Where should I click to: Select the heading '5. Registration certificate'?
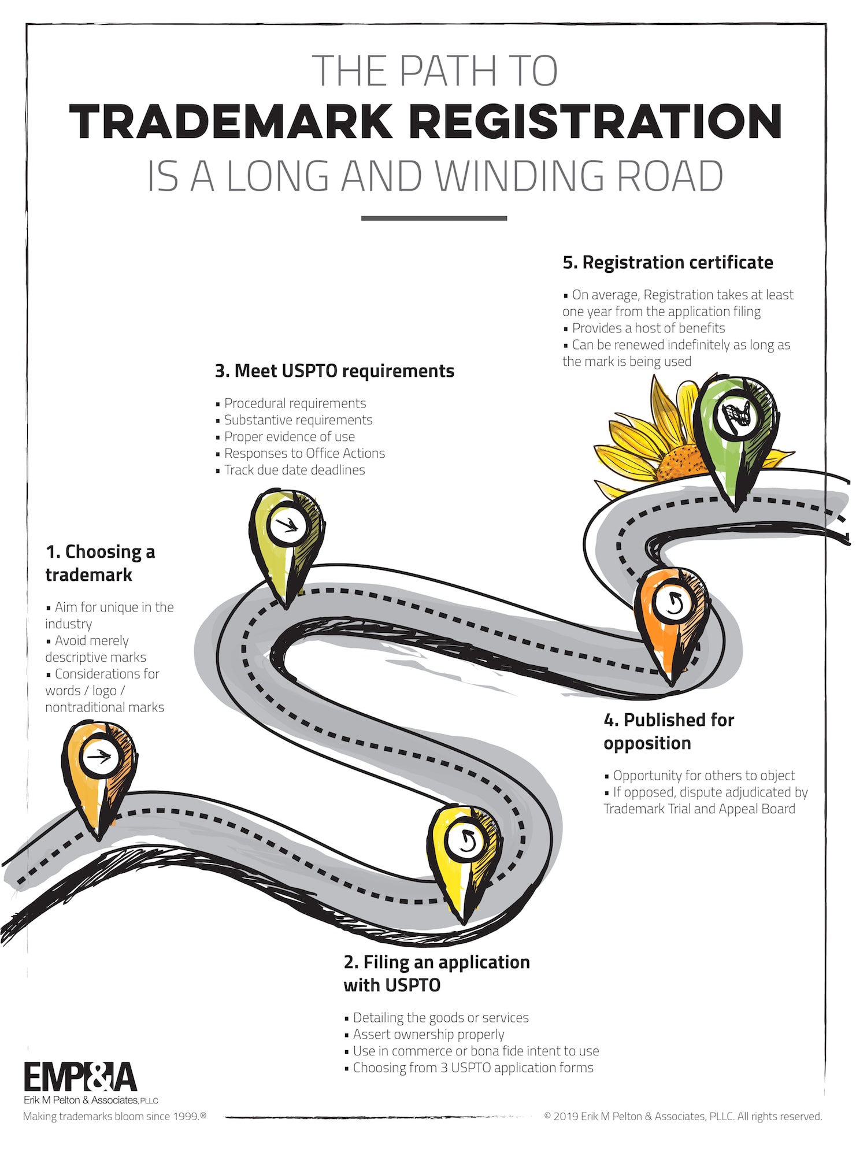click(x=668, y=262)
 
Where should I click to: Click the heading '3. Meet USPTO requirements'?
click(x=335, y=371)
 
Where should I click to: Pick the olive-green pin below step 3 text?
click(x=287, y=535)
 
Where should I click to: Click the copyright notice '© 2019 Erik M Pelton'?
click(x=682, y=1116)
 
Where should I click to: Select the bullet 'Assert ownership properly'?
click(x=428, y=1034)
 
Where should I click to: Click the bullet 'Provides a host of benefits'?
click(x=648, y=328)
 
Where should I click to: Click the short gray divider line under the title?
click(x=434, y=218)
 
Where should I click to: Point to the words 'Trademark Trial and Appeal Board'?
click(x=699, y=809)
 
